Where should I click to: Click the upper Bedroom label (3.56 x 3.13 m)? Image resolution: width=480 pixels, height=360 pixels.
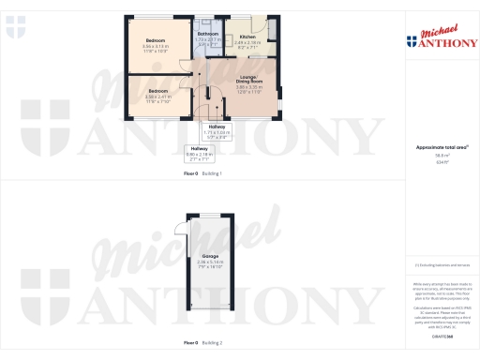pos(155,39)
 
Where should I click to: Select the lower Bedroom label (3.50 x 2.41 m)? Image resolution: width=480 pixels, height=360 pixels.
pos(157,91)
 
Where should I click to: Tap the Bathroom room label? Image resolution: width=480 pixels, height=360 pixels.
pos(208,34)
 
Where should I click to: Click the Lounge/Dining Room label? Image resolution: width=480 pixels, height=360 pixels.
pos(248,79)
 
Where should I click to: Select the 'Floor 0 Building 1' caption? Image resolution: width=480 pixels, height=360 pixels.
pos(202,174)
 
